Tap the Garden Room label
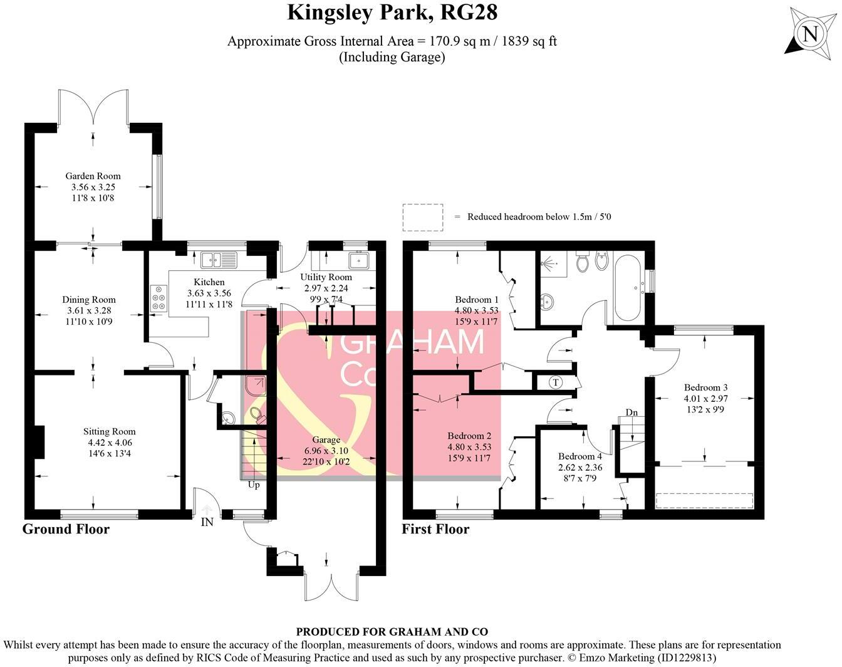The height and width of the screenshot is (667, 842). (93, 176)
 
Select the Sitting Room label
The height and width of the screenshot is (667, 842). (110, 431)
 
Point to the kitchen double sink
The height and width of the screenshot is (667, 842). (219, 258)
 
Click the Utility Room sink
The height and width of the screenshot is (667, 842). (360, 259)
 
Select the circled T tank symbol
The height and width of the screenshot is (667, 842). (555, 382)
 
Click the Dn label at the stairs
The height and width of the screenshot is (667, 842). (631, 412)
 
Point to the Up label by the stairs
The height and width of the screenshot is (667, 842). (254, 485)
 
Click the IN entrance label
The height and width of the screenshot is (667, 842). (207, 522)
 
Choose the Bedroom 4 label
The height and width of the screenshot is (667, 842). (580, 456)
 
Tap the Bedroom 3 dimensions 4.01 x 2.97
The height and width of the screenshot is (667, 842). (705, 399)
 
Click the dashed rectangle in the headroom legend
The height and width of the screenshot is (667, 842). (423, 217)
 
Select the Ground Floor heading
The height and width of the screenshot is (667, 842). (66, 529)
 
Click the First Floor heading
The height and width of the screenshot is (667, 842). (435, 529)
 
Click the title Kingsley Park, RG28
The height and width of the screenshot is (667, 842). (392, 13)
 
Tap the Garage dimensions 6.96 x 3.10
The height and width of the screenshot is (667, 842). (326, 451)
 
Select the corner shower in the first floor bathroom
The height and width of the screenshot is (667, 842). (553, 265)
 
